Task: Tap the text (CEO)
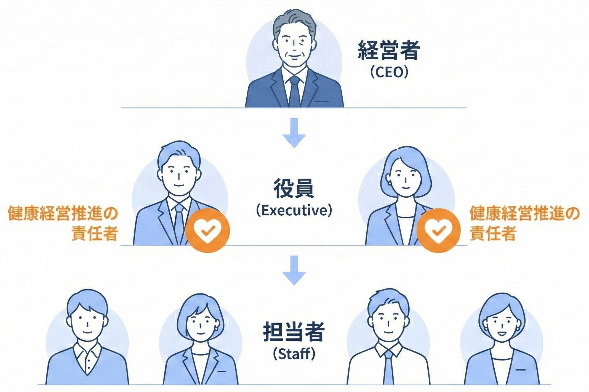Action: tap(389, 72)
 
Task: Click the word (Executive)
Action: tap(294, 211)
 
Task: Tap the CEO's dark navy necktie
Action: tap(294, 91)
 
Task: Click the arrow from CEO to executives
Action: tap(294, 133)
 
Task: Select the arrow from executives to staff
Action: tap(294, 270)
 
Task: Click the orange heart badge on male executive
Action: tap(207, 231)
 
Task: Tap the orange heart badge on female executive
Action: tap(438, 231)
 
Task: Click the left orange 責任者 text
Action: tap(95, 234)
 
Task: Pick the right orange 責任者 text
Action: tap(493, 234)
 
